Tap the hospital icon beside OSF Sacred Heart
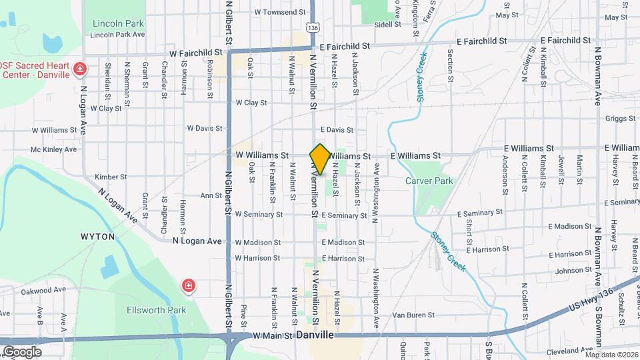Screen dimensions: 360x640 coord(80,68)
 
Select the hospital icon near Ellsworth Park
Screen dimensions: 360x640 coord(189,286)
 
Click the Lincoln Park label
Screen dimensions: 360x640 coord(119,23)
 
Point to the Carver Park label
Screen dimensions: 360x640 coord(429,181)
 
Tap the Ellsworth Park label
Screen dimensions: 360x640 coord(147,310)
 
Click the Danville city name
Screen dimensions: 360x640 coord(315,335)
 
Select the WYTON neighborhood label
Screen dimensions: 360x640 coord(98,237)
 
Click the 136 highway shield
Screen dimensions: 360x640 coord(313,27)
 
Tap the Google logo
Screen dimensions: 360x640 coord(22,351)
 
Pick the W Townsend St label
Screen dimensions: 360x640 coord(279,12)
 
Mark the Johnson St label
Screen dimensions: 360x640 coord(556,271)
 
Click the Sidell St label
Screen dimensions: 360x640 coord(387,25)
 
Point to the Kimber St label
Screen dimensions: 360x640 coord(111,177)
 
